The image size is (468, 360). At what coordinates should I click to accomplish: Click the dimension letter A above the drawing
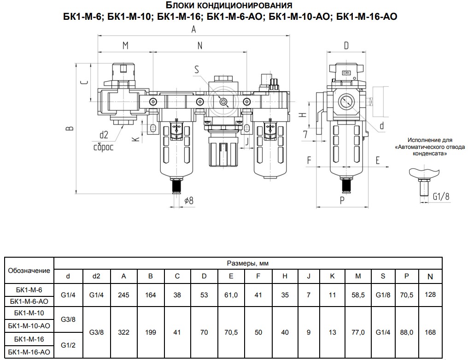[x=194, y=30]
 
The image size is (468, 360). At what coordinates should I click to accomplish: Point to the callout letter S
[x=197, y=70]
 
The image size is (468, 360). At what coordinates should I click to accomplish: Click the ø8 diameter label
[x=188, y=200]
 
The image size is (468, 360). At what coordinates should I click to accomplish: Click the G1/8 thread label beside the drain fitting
[x=441, y=196]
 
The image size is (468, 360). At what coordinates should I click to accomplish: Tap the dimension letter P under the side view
[x=342, y=200]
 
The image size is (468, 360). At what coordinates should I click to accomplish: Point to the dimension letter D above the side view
[x=346, y=45]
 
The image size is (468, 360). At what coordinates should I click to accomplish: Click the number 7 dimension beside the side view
[x=305, y=134]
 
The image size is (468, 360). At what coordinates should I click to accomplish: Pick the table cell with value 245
[x=123, y=295]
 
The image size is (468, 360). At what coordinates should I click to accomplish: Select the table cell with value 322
[x=123, y=332]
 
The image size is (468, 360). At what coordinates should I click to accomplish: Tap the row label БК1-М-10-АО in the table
[x=29, y=325]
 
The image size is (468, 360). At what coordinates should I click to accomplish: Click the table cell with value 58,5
[x=357, y=295]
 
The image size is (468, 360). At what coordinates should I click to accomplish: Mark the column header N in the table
[x=430, y=277]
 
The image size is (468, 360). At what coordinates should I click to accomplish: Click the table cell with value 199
[x=150, y=332]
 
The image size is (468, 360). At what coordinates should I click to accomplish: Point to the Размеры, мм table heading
[x=248, y=263]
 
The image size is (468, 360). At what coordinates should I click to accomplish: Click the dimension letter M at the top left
[x=125, y=45]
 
